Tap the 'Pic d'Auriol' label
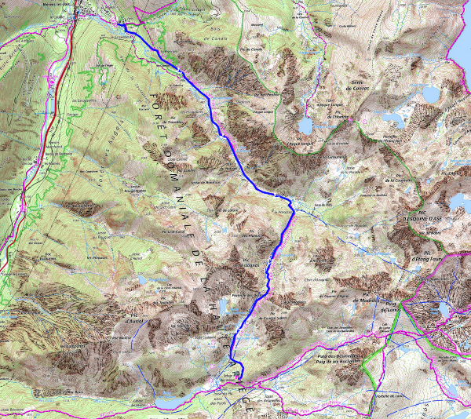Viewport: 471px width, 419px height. click(136, 319)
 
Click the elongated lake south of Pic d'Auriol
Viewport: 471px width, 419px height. click(173, 401)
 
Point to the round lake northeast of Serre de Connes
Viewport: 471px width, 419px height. click(431, 95)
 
